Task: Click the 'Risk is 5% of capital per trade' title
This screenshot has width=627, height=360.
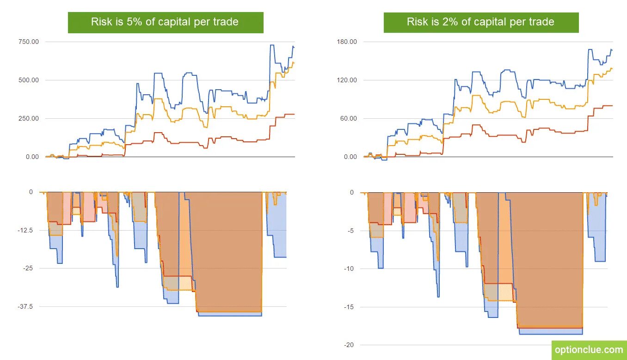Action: coord(165,22)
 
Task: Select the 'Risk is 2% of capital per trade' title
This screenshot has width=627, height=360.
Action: coord(481,22)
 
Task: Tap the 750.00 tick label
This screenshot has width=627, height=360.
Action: coord(29,42)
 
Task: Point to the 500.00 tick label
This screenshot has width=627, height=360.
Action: coord(29,80)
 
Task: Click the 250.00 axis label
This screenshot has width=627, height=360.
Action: coord(29,119)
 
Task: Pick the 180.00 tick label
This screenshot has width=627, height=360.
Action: coord(347,42)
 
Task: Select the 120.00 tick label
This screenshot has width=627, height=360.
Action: coord(347,80)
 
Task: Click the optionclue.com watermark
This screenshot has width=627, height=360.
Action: coord(589,350)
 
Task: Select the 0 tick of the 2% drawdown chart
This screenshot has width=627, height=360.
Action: coord(352,193)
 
